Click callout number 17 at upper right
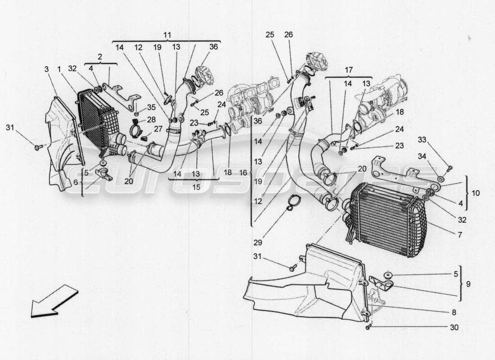[x=349, y=70]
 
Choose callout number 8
[x=454, y=311]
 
